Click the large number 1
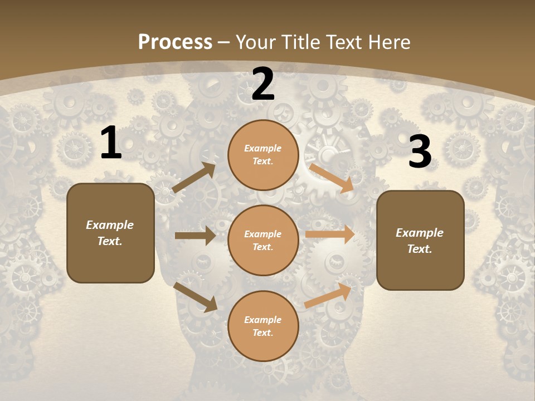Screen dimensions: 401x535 tap(111, 143)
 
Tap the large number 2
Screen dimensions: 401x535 tap(263, 85)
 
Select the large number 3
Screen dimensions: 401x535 tap(420, 152)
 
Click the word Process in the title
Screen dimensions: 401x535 tap(175, 42)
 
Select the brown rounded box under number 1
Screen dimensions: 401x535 tap(110, 233)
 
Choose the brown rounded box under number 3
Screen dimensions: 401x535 tap(420, 240)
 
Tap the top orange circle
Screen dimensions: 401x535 tap(263, 155)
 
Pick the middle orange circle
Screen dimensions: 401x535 tap(263, 240)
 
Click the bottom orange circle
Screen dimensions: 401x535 tap(263, 326)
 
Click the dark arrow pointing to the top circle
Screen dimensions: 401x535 tap(194, 178)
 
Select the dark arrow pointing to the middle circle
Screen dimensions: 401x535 tap(195, 236)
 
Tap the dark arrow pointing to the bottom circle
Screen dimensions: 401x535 tap(196, 297)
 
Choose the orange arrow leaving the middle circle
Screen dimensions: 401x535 tap(330, 234)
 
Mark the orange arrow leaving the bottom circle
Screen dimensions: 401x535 tap(328, 295)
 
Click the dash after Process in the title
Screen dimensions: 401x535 tap(224, 42)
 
